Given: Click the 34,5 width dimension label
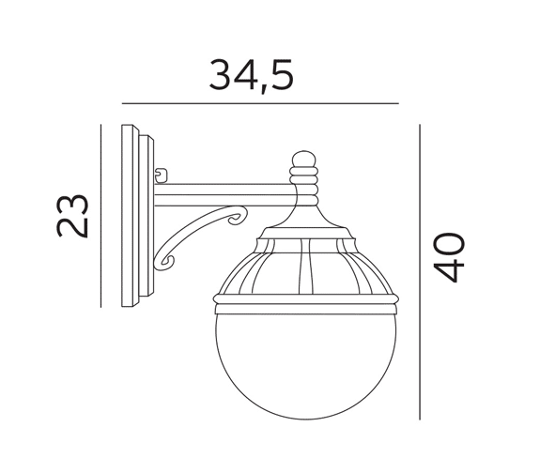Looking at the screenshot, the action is coord(252,76).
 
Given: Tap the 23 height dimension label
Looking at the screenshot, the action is coord(72,216).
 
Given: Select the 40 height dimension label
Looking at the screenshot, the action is coord(449,257).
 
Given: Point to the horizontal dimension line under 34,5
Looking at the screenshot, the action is coord(260,103).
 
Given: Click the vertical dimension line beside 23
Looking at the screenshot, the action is coord(100,216).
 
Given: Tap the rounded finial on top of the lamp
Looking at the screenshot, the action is coord(303,160).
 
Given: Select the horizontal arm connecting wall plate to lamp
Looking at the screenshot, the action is coord(224,195).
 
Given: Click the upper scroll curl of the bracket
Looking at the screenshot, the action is coord(238,218).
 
